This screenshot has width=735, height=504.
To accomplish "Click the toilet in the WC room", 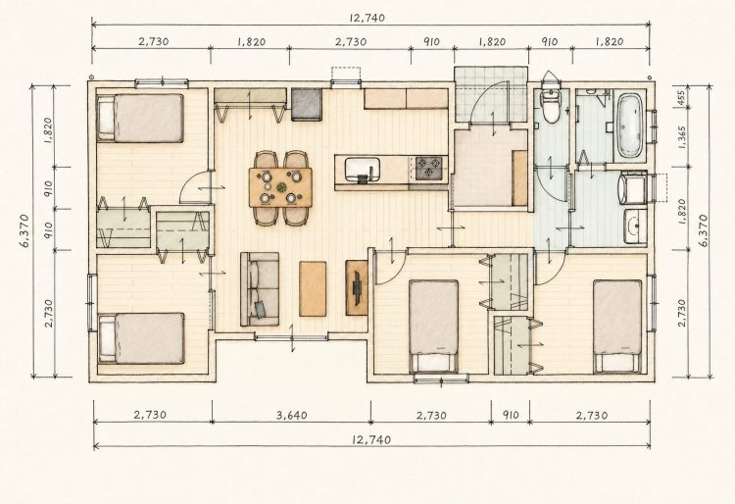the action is [551, 103].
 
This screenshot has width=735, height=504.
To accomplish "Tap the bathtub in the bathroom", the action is [629, 126].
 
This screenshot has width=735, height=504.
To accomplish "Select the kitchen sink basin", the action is [362, 170].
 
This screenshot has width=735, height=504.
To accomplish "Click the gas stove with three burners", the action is [428, 169].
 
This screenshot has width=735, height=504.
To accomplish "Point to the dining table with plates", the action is [280, 187].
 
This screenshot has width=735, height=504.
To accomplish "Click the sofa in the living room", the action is [260, 289].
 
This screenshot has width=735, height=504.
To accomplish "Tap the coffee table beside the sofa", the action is [313, 288].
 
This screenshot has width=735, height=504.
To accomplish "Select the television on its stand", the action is [357, 287].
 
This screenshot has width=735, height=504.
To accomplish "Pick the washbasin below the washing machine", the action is [635, 227].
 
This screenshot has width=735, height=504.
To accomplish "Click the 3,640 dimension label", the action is [292, 416].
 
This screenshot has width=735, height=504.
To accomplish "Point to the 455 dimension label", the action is [681, 97].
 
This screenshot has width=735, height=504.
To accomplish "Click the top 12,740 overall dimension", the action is [367, 19].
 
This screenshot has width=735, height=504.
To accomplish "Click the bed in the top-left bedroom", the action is [140, 118].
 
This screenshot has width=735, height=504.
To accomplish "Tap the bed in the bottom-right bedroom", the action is [616, 327].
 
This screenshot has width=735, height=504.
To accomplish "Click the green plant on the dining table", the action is [281, 187].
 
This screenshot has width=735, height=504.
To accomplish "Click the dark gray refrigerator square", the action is [307, 104].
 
